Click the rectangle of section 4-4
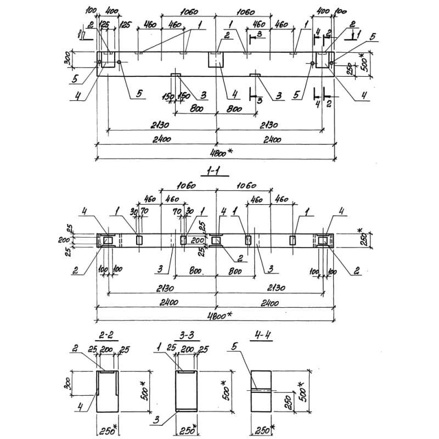[262, 391]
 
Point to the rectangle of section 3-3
[188, 391]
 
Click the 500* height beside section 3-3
[223, 390]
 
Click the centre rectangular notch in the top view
[217, 60]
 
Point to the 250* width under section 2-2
[108, 429]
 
